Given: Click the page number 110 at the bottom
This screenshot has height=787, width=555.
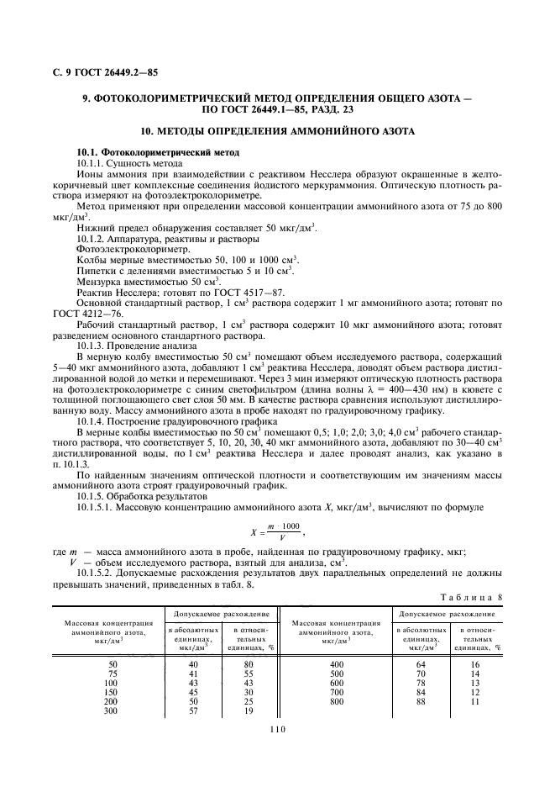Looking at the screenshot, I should (x=278, y=730).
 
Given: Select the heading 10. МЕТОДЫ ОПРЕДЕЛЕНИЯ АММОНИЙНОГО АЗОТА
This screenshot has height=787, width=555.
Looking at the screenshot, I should (x=277, y=132).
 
